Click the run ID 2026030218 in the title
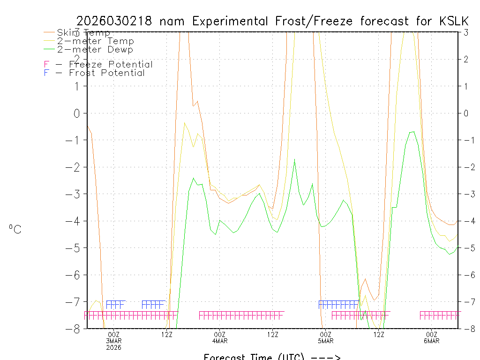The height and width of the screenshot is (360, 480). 115,21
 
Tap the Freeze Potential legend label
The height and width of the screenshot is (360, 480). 111,65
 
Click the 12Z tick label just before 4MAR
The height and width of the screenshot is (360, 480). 167,334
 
